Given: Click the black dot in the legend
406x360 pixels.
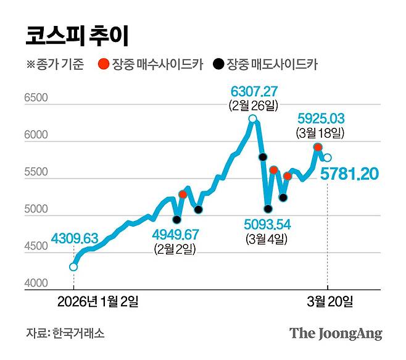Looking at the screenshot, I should pyautogui.click(x=218, y=64).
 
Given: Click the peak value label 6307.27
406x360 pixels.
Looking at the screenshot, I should pyautogui.click(x=254, y=92).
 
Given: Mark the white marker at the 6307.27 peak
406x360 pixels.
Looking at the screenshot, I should pyautogui.click(x=252, y=119).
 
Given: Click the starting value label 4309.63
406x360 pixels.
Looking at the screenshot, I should pyautogui.click(x=75, y=238).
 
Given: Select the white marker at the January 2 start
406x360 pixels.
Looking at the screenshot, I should pyautogui.click(x=73, y=267).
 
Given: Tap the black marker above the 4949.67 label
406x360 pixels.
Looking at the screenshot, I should pyautogui.click(x=177, y=219).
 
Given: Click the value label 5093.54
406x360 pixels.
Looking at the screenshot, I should pyautogui.click(x=267, y=224).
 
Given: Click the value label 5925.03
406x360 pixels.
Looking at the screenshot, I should pyautogui.click(x=321, y=118).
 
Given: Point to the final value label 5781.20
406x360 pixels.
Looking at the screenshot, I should pyautogui.click(x=349, y=176).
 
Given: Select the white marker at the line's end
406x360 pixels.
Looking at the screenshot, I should pyautogui.click(x=328, y=158).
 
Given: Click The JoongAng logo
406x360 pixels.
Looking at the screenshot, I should pyautogui.click(x=336, y=334).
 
